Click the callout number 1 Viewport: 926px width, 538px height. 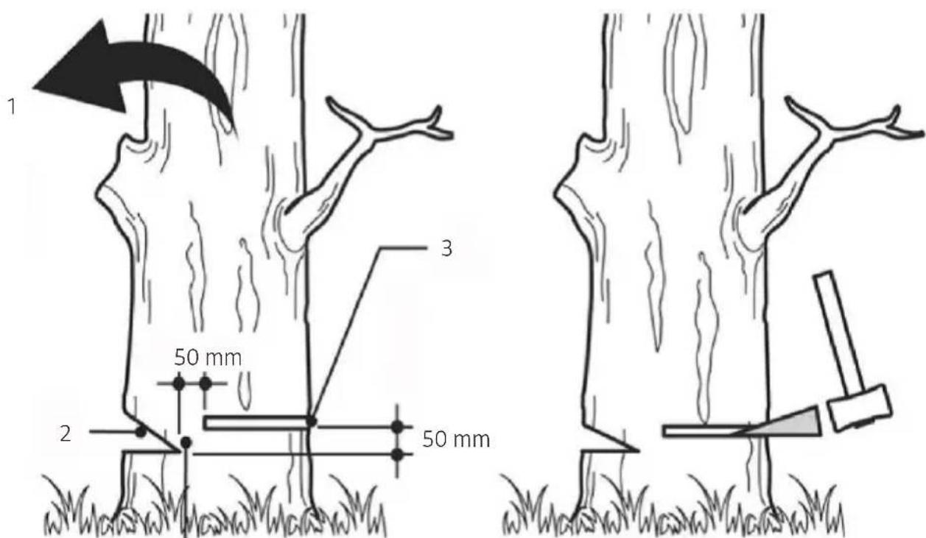13,107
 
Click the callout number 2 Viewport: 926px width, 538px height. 66,434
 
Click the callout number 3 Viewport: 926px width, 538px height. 446,249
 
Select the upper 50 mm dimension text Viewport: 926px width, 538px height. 208,358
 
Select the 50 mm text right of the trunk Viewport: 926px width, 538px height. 456,439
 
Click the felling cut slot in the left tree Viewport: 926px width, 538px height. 256,422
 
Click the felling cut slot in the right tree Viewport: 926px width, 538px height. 707,431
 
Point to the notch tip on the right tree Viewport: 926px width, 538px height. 639,450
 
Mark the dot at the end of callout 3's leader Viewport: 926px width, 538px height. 312,421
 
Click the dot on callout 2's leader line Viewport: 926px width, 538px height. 141,432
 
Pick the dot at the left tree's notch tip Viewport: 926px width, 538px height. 186,442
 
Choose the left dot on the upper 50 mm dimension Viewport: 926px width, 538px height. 178,383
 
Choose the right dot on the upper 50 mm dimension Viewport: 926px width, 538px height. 206,383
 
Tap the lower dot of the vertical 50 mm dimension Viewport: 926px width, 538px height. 397,455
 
